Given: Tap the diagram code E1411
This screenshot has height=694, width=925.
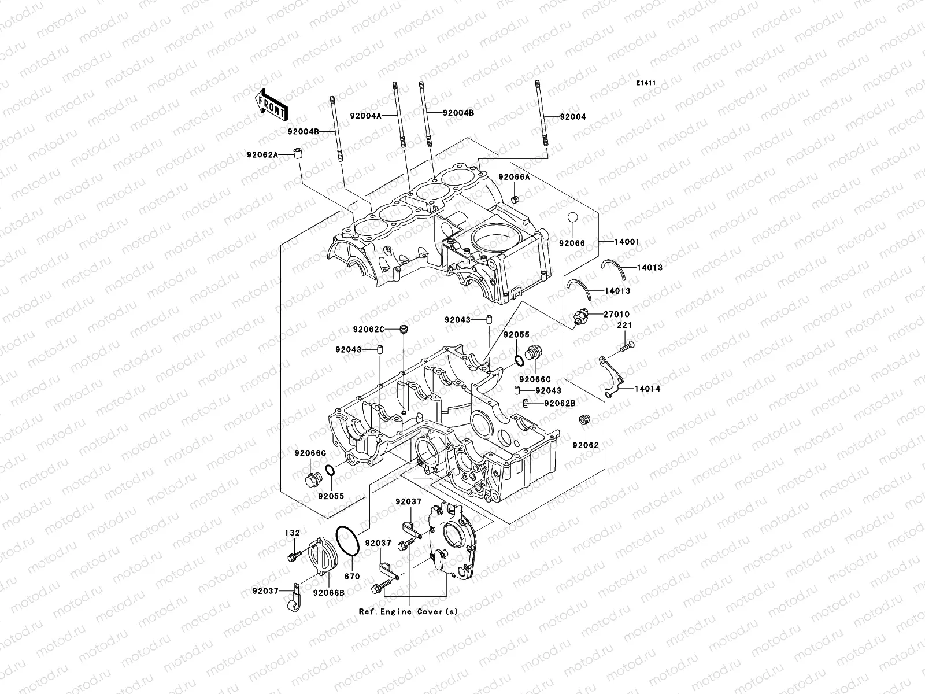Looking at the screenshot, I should coord(646,83).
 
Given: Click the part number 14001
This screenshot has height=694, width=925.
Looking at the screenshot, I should coord(627,242).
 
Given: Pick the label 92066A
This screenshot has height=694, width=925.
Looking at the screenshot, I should coord(514,178).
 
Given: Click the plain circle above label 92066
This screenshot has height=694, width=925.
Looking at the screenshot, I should coord(571,219).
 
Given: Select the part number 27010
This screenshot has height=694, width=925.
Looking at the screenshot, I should coord(617,314).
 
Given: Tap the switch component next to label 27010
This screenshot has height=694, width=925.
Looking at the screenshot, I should coord(580,316).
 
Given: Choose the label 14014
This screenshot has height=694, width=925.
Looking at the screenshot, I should coord(647,389).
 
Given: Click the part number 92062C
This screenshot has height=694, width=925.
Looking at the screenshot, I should coord(369,330).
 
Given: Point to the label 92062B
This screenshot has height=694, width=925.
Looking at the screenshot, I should coord(561,403).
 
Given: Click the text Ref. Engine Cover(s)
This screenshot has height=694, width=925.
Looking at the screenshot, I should coord(408,611).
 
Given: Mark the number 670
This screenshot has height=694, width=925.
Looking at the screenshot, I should coord(351,577).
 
